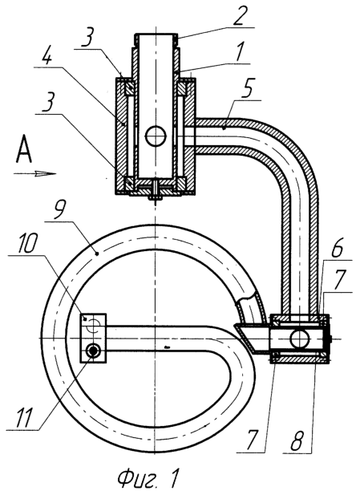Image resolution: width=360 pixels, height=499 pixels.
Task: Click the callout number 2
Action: point(240,15)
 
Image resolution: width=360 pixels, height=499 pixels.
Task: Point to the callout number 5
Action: point(247,89)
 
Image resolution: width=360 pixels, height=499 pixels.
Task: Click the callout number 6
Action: point(337,249)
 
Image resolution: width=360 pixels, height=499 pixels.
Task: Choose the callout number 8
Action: point(297,440)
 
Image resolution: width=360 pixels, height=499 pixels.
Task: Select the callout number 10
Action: point(28,243)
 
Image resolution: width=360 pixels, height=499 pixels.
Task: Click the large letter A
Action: point(24,149)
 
